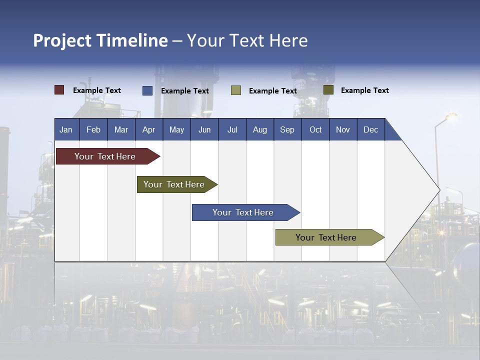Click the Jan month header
point(66,129)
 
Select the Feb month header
point(93,129)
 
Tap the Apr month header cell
point(149,129)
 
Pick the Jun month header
point(204,129)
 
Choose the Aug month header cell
point(260,129)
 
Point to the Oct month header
point(315,129)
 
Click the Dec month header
point(371,129)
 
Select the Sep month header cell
point(287,129)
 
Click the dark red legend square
point(59,90)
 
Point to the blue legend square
point(147,90)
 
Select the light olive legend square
point(236,90)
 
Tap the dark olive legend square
point(328,90)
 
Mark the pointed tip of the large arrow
point(439,189)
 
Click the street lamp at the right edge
point(450,116)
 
